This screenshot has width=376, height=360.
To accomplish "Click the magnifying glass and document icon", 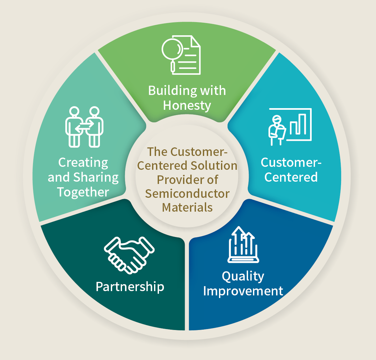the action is coord(181,55).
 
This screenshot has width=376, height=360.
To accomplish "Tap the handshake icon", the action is coord(129,255).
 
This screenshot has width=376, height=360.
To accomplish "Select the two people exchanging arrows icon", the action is coord(84,127).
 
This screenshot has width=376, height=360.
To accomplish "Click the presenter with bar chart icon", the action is coord(290,127).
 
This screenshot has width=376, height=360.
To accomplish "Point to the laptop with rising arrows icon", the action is coord(243,245).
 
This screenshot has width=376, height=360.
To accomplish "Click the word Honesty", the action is coord(187,105).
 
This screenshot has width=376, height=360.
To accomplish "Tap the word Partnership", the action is coord(130,287).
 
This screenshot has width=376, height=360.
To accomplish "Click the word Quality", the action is coord(243,277).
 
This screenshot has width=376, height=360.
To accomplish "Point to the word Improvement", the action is coord(243,291).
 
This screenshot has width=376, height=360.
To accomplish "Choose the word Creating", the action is coord(83,163).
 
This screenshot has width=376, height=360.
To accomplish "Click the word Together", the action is coord(83,192).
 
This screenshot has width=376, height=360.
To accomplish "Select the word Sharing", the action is coord(96,178).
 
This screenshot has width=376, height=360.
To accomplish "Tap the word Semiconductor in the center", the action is coord(187,194).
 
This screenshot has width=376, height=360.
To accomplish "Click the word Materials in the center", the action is coord(187,208).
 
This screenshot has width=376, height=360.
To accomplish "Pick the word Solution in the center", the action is coord(214,166).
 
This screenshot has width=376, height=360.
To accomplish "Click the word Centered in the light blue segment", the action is coord(291,177).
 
